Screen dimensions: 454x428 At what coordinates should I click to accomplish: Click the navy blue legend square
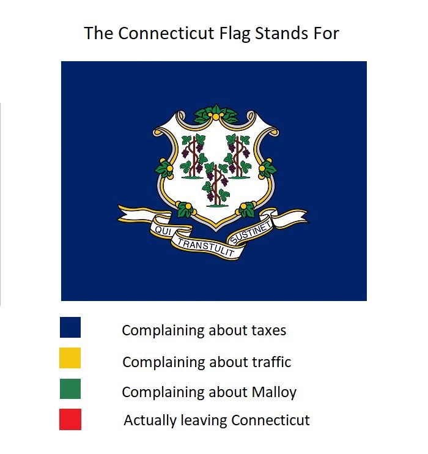70,327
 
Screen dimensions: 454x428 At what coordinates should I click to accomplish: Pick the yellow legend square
70,358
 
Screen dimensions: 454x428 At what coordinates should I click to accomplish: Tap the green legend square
70,389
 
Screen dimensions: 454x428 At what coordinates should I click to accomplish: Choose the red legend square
70,419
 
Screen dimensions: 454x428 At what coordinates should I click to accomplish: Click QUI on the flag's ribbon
161,231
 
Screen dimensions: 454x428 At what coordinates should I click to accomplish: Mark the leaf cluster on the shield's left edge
163,167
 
